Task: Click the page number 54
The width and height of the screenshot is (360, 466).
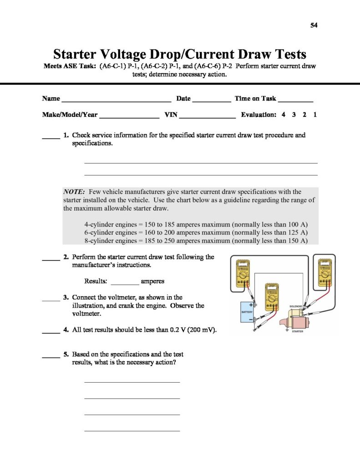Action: coord(314,25)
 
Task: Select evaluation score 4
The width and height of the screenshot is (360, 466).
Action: coord(284,115)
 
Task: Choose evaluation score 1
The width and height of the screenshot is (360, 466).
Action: coord(315,115)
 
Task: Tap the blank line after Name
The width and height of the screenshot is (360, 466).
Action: coord(116,99)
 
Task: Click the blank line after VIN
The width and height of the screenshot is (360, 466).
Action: coord(207,116)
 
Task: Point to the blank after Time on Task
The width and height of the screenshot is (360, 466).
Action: coord(295,99)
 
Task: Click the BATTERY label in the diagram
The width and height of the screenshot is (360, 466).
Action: coord(247,312)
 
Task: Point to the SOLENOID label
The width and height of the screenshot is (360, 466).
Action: coord(296,307)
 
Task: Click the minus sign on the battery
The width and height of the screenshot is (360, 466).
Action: coord(250,319)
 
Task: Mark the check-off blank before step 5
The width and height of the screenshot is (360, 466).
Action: coord(51,357)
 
